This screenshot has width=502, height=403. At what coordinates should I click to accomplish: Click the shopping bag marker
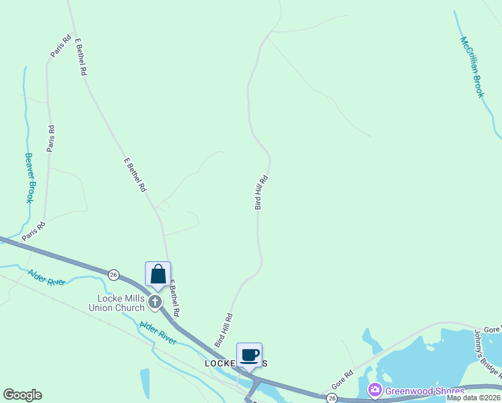158,275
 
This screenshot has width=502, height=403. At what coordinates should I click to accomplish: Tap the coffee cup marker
249,355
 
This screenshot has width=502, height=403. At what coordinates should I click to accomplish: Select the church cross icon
155,302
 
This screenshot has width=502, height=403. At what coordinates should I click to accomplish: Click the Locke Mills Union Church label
121,303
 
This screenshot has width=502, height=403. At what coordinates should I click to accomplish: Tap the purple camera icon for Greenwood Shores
374,390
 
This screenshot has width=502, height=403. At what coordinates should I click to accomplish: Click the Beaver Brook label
30,178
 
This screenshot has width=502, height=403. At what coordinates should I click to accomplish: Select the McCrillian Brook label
471,66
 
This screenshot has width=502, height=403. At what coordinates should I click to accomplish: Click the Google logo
22,395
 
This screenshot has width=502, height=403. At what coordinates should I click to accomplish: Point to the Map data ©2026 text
474,398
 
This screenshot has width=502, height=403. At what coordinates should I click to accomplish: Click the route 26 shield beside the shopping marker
113,274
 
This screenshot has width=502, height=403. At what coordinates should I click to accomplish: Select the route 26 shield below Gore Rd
332,398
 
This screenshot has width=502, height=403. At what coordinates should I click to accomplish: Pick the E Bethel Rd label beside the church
175,299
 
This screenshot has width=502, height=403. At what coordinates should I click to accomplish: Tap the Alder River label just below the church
158,332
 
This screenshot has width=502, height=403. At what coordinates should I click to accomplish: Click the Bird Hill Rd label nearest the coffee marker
223,330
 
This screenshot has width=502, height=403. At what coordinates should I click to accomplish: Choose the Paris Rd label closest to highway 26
33,231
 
